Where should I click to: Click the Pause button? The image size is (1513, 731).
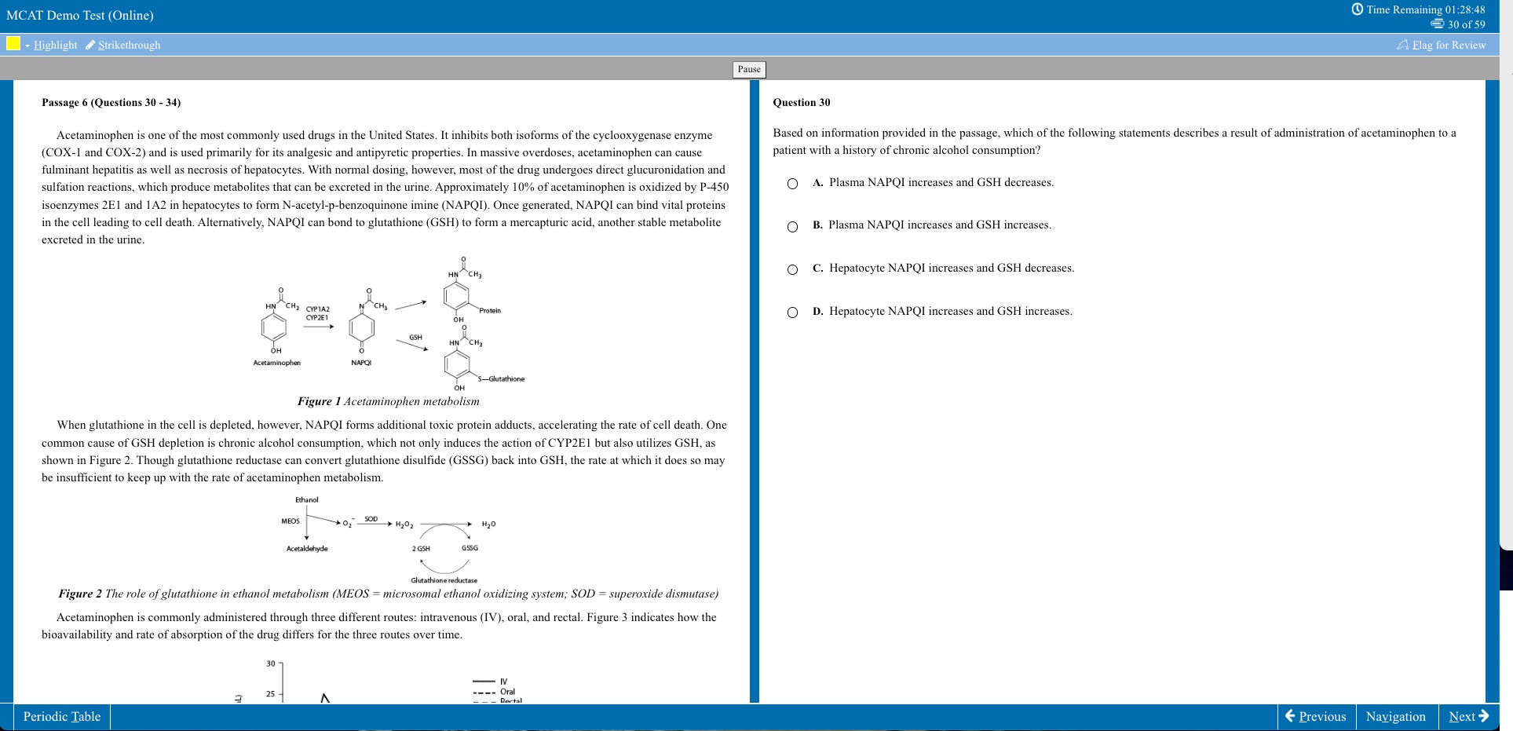tap(749, 69)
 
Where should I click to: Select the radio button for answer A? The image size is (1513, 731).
tap(792, 184)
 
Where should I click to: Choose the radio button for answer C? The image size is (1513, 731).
tap(792, 269)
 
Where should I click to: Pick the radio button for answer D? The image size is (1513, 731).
tap(792, 313)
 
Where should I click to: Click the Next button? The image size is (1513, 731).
tap(1468, 716)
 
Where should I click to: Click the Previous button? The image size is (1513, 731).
tap(1316, 716)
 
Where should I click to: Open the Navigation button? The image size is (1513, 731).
tap(1395, 716)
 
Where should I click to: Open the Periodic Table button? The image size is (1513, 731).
tap(62, 716)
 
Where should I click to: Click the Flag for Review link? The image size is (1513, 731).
tap(1442, 45)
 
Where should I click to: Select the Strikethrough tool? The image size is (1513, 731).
tap(123, 45)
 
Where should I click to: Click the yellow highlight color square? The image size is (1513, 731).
tap(13, 43)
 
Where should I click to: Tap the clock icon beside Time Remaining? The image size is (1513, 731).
tap(1357, 9)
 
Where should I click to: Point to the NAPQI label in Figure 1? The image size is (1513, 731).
tap(361, 363)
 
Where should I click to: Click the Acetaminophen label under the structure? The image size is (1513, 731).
tap(276, 363)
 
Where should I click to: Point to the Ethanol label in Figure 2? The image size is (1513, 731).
tap(306, 499)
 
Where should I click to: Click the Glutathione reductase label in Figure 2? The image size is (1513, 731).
tap(444, 580)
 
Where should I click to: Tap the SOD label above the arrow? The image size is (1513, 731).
tap(371, 519)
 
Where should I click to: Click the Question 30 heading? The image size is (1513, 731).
tap(801, 103)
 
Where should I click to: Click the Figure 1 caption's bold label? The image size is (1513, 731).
tap(319, 401)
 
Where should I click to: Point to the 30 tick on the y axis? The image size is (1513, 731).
tap(271, 663)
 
